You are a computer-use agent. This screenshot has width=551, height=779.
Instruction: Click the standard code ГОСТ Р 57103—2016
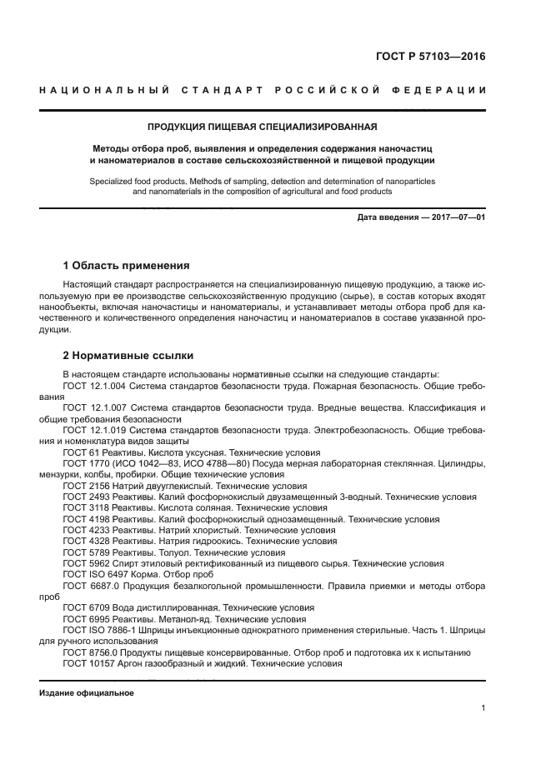[429, 57]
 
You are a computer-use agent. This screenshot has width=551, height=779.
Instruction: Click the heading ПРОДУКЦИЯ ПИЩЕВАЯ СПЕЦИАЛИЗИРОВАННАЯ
[263, 127]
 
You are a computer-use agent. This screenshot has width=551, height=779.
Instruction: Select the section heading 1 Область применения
[126, 266]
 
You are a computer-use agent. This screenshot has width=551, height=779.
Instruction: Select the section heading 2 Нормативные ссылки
[117, 356]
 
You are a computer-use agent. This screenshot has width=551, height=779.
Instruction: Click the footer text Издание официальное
[87, 693]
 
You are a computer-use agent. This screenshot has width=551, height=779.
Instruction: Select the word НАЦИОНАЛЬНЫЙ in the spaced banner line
[99, 89]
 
